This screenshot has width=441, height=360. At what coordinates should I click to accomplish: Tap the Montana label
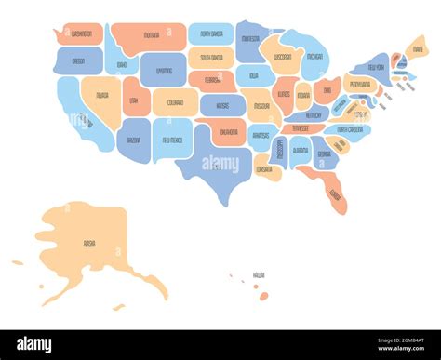pyautogui.click(x=152, y=35)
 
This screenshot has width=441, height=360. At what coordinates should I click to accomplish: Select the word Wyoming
pyautogui.click(x=164, y=70)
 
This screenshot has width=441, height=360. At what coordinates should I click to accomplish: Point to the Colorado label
pyautogui.click(x=174, y=102)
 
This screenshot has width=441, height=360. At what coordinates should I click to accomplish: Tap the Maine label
pyautogui.click(x=418, y=49)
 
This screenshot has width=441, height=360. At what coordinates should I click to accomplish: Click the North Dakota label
pyautogui.click(x=210, y=35)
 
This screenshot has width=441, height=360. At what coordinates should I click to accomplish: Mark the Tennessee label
pyautogui.click(x=301, y=128)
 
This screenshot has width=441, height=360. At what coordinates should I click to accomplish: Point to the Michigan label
pyautogui.click(x=314, y=57)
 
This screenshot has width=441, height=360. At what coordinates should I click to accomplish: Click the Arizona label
pyautogui.click(x=133, y=140)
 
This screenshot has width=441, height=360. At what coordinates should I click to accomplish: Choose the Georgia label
pyautogui.click(x=323, y=153)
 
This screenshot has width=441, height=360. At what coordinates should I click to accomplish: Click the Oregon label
pyautogui.click(x=78, y=61)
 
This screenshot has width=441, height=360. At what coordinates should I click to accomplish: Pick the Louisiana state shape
pyautogui.click(x=264, y=169)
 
